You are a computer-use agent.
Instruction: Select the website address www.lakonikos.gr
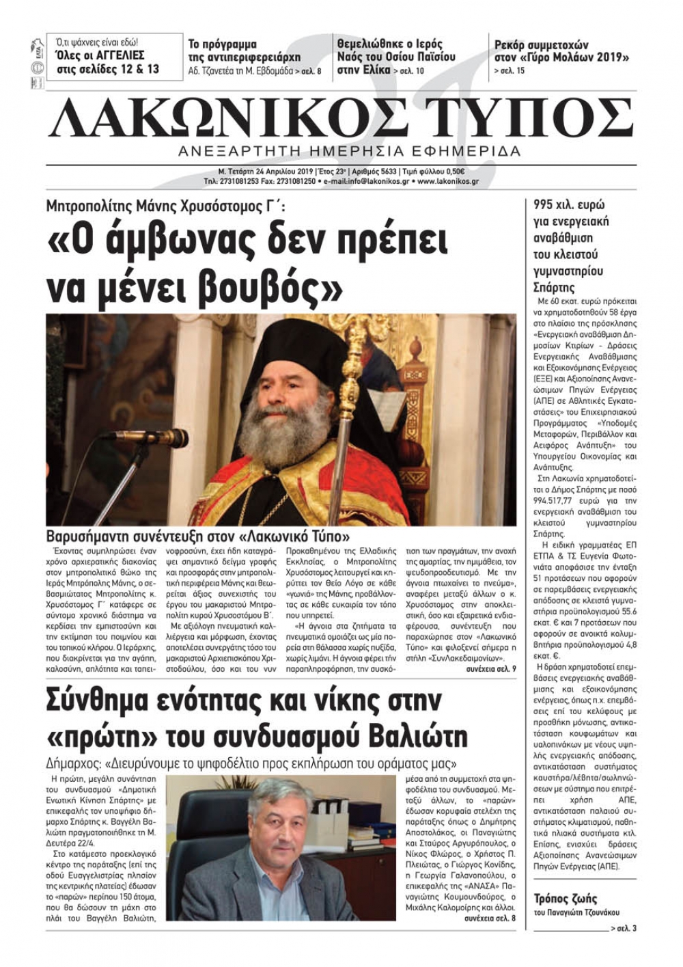[447, 182]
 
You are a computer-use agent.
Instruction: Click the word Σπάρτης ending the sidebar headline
[554, 288]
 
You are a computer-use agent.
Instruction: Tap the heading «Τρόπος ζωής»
[566, 899]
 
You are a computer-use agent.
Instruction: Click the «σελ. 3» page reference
[625, 929]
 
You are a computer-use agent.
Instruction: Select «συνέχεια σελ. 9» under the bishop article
[491, 670]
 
